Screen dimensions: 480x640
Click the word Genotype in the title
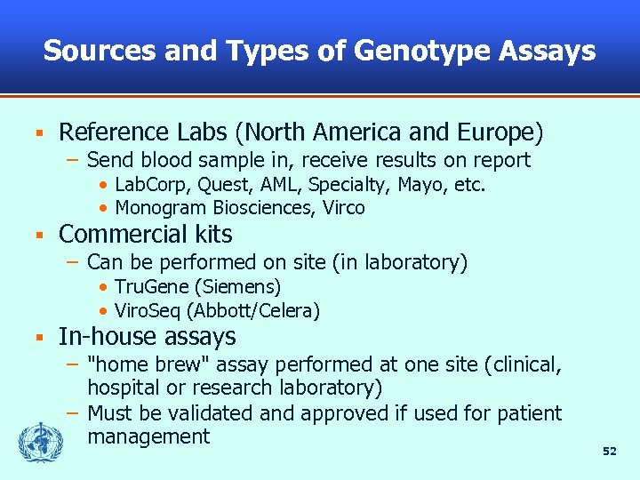(422, 51)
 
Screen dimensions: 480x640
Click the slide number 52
(609, 452)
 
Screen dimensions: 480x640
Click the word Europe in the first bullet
(500, 132)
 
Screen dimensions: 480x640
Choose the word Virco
(344, 208)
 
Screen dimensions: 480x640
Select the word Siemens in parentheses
(237, 286)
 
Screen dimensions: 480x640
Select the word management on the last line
(148, 436)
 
